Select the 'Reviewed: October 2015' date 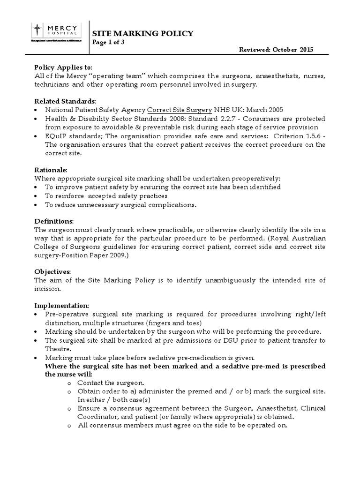[276, 50]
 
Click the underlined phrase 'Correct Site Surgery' [180, 110]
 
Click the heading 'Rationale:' [51, 170]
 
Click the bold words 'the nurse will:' [68, 374]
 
